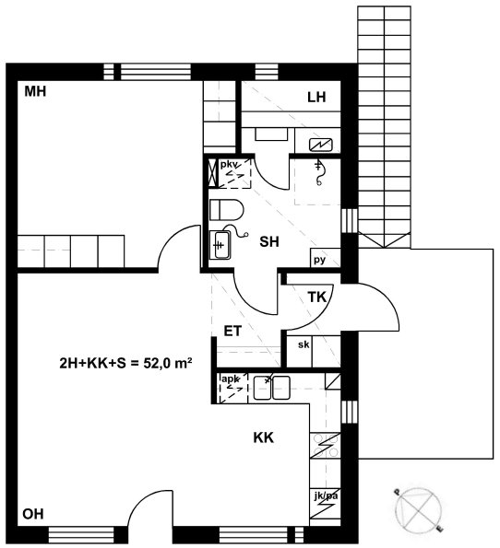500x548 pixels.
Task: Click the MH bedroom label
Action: (x=35, y=91)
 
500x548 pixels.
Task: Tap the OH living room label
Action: (x=33, y=514)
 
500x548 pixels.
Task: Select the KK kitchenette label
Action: (x=264, y=437)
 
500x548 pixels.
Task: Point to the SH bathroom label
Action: (x=269, y=241)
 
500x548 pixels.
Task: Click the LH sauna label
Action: (x=316, y=97)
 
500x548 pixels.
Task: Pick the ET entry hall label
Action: (x=232, y=331)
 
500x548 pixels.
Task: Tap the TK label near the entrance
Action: (x=316, y=297)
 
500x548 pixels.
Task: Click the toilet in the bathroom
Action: (x=227, y=210)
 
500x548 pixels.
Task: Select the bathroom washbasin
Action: (x=220, y=245)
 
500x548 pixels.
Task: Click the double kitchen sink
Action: (x=272, y=388)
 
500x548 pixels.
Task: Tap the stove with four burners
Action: (x=326, y=445)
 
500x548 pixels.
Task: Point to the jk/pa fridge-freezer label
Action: (x=326, y=496)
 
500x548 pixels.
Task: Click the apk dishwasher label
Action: (x=230, y=379)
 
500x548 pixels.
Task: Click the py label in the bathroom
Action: (x=319, y=260)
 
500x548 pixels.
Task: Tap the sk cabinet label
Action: (x=304, y=344)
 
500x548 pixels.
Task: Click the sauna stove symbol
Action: (x=321, y=145)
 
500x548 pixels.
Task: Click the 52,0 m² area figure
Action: (x=168, y=364)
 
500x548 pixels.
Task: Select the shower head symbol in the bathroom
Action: (x=318, y=172)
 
